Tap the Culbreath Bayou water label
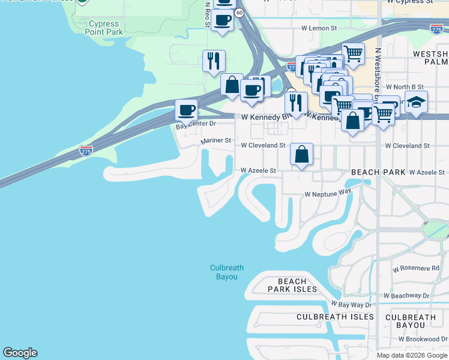tap(223, 272)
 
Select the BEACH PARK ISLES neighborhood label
tap(292, 285)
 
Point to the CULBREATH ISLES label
tap(335, 317)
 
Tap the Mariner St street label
tap(215, 140)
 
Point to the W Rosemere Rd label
tap(416, 268)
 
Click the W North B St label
tap(405, 87)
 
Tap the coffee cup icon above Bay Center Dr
tap(186, 110)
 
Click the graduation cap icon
tap(416, 102)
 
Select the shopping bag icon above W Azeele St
tap(301, 154)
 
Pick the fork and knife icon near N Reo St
tap(214, 61)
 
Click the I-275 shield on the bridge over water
tap(86, 151)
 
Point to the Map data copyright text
tap(412, 355)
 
